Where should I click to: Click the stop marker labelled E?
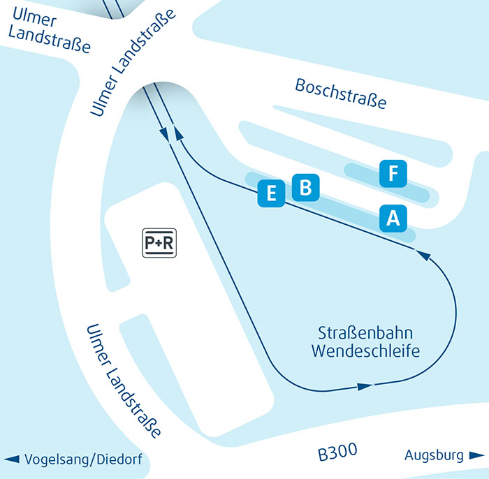[271, 193]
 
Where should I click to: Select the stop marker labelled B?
[305, 187]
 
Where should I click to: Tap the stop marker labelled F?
[393, 174]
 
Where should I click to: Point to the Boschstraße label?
[340, 94]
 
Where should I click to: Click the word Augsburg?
[434, 456]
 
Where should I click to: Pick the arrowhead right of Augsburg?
[476, 456]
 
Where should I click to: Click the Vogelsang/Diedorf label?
[86, 459]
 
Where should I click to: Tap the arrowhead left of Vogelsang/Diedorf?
[12, 459]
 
